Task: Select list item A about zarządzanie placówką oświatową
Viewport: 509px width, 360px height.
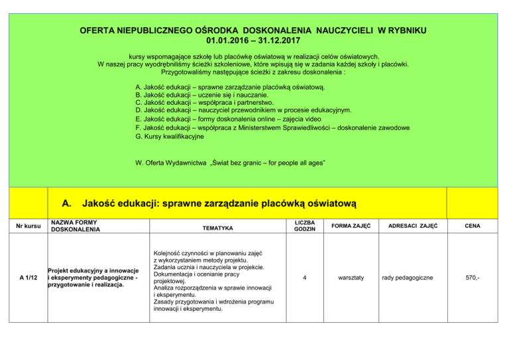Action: [x=229, y=88]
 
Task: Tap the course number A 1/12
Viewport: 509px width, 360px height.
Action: [x=28, y=279]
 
